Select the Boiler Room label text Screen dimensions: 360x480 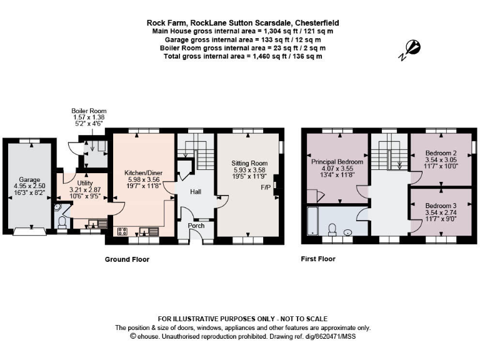89,111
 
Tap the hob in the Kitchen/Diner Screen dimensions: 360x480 122,232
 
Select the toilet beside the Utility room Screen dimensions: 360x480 61,221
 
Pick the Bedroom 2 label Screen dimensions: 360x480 441,153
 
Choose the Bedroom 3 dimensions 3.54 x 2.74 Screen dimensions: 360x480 441,212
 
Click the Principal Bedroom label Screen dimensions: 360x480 337,161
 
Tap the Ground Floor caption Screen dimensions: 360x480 127,259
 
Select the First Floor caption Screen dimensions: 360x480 317,259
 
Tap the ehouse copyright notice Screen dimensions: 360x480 240,336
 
